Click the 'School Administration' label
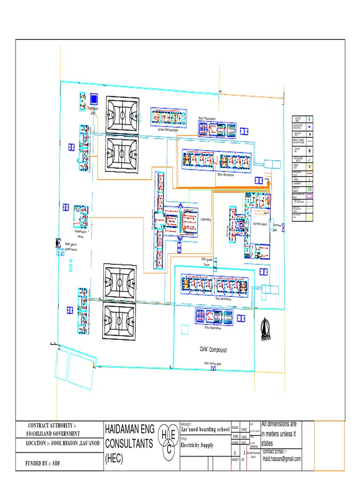168,129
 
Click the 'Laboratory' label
206,219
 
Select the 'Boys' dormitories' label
225,174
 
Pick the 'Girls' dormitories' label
224,298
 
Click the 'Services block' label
260,225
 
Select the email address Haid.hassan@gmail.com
281,458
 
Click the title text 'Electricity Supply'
197,445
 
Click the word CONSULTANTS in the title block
128,443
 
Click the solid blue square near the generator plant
94,98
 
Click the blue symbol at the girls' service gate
214,368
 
